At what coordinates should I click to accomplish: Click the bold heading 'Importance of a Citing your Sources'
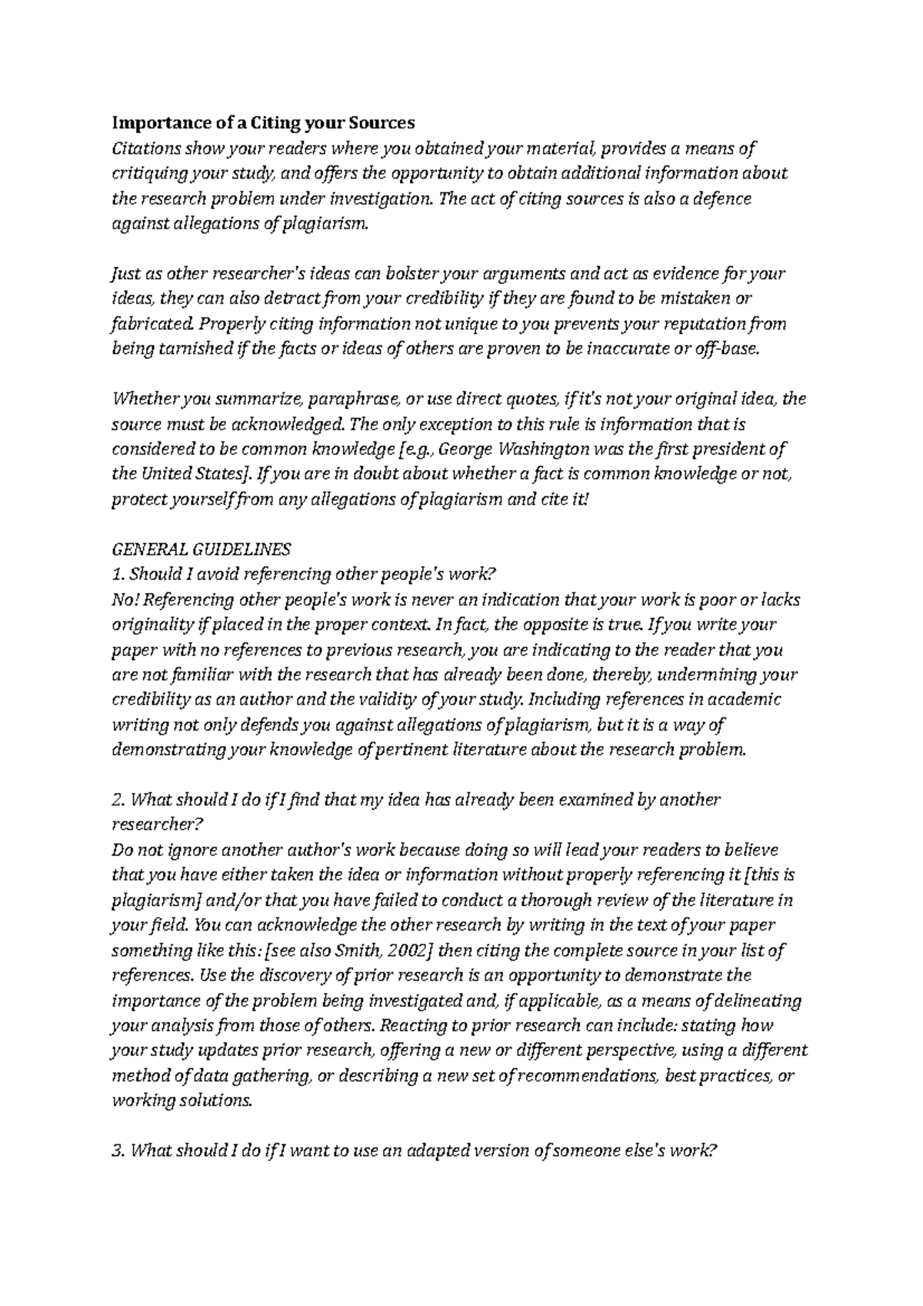tap(263, 122)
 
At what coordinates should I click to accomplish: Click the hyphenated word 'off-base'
tap(726, 348)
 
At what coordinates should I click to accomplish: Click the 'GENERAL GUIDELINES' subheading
tap(202, 549)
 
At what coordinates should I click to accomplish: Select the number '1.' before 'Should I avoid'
tap(118, 574)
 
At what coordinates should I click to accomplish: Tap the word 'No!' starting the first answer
tap(125, 599)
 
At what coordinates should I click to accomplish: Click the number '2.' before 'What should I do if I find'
tap(118, 800)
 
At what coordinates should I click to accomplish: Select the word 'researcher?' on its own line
tap(157, 825)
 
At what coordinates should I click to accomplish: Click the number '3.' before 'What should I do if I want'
tap(118, 1151)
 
